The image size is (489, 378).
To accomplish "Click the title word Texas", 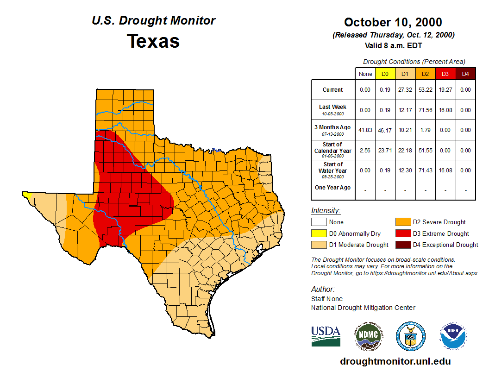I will pos(153,41).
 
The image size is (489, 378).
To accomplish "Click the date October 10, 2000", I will pos(393,22).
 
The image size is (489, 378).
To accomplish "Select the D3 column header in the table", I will pos(445,74).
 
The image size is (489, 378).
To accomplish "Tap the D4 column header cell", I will pos(465,74).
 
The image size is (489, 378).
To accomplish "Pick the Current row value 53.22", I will pos(425,90).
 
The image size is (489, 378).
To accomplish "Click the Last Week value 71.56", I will pos(425,110).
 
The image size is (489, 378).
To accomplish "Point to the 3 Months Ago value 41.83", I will pos(365,130).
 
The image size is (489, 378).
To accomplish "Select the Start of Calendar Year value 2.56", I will pos(365,151).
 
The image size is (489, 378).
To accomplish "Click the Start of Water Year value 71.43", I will pos(425,170).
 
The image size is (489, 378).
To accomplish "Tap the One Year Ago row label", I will pos(333,188).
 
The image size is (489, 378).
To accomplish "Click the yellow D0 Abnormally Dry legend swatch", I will pos(319,233).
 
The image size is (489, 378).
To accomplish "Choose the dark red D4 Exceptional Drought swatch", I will pos(402,245).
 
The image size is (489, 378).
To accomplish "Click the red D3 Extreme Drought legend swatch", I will pos(402,233).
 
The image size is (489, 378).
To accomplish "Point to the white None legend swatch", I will pos(319,222).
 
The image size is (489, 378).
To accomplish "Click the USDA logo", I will pos(326,336).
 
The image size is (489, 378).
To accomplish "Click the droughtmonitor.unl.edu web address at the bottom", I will pos(395,361).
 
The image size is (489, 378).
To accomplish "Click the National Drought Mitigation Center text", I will pos(363,308).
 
